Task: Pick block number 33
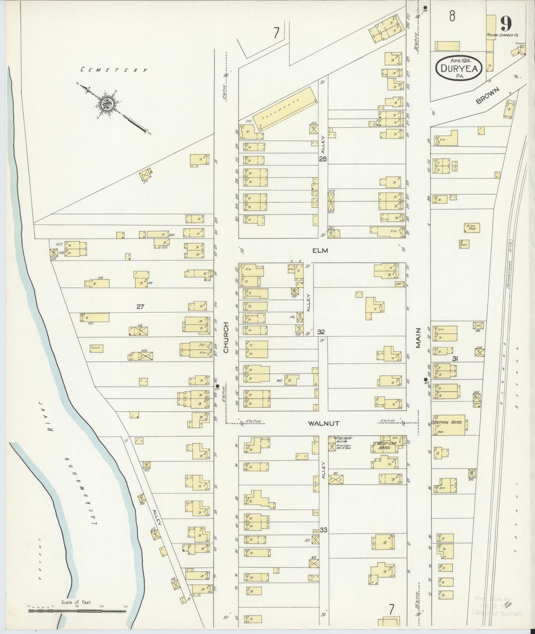click(x=323, y=530)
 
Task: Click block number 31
click(x=455, y=358)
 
